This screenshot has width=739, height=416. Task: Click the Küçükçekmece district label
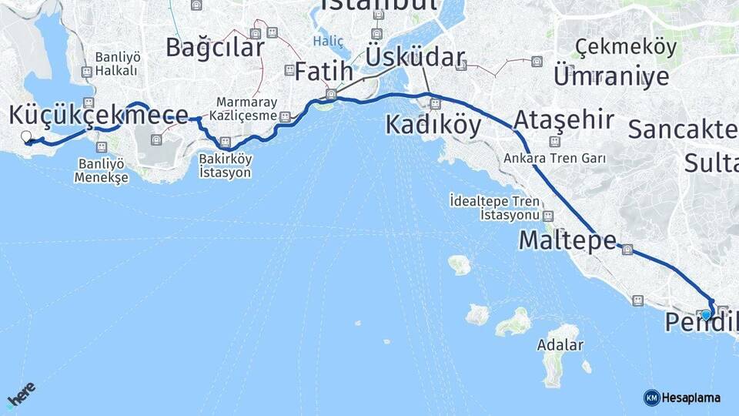tap(99, 115)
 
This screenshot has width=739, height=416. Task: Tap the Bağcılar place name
tap(215, 47)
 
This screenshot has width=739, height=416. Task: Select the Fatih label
tap(323, 72)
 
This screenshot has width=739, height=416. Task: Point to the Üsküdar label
tap(415, 57)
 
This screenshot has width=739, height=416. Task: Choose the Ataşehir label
tap(563, 120)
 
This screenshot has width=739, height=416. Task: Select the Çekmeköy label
tap(626, 47)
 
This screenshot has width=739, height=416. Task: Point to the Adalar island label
tap(560, 345)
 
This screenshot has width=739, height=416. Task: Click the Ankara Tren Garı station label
tap(555, 159)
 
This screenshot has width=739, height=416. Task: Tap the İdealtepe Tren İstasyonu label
tap(505, 207)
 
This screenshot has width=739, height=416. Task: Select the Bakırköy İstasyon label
tap(226, 166)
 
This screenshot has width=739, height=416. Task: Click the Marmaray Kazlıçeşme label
tap(246, 109)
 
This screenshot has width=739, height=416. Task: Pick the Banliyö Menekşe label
tap(99, 170)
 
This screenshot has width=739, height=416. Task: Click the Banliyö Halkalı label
tap(116, 64)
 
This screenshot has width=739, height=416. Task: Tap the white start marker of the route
tap(26, 136)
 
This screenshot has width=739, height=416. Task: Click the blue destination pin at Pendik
tap(706, 314)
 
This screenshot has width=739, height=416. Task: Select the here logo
tap(21, 395)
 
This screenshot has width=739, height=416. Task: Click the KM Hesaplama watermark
tap(682, 398)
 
